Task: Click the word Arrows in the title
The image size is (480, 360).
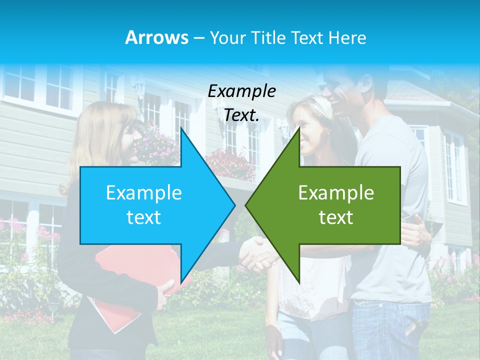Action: click(x=156, y=37)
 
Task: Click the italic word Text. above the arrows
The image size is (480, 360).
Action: click(x=241, y=115)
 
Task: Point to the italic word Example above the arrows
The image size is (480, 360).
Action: click(x=241, y=91)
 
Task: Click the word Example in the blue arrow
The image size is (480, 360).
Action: click(x=143, y=193)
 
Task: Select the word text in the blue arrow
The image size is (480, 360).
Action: click(x=143, y=217)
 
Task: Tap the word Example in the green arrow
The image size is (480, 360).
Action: click(x=336, y=193)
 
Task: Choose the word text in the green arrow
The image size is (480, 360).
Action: click(x=336, y=217)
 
